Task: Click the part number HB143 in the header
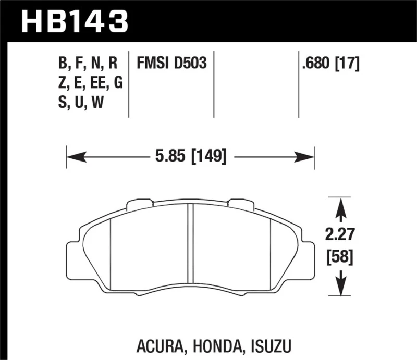click(73, 21)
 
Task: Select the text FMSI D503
click(171, 64)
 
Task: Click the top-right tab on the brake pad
click(242, 205)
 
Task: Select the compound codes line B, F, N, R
click(88, 64)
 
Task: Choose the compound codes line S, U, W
click(81, 103)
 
